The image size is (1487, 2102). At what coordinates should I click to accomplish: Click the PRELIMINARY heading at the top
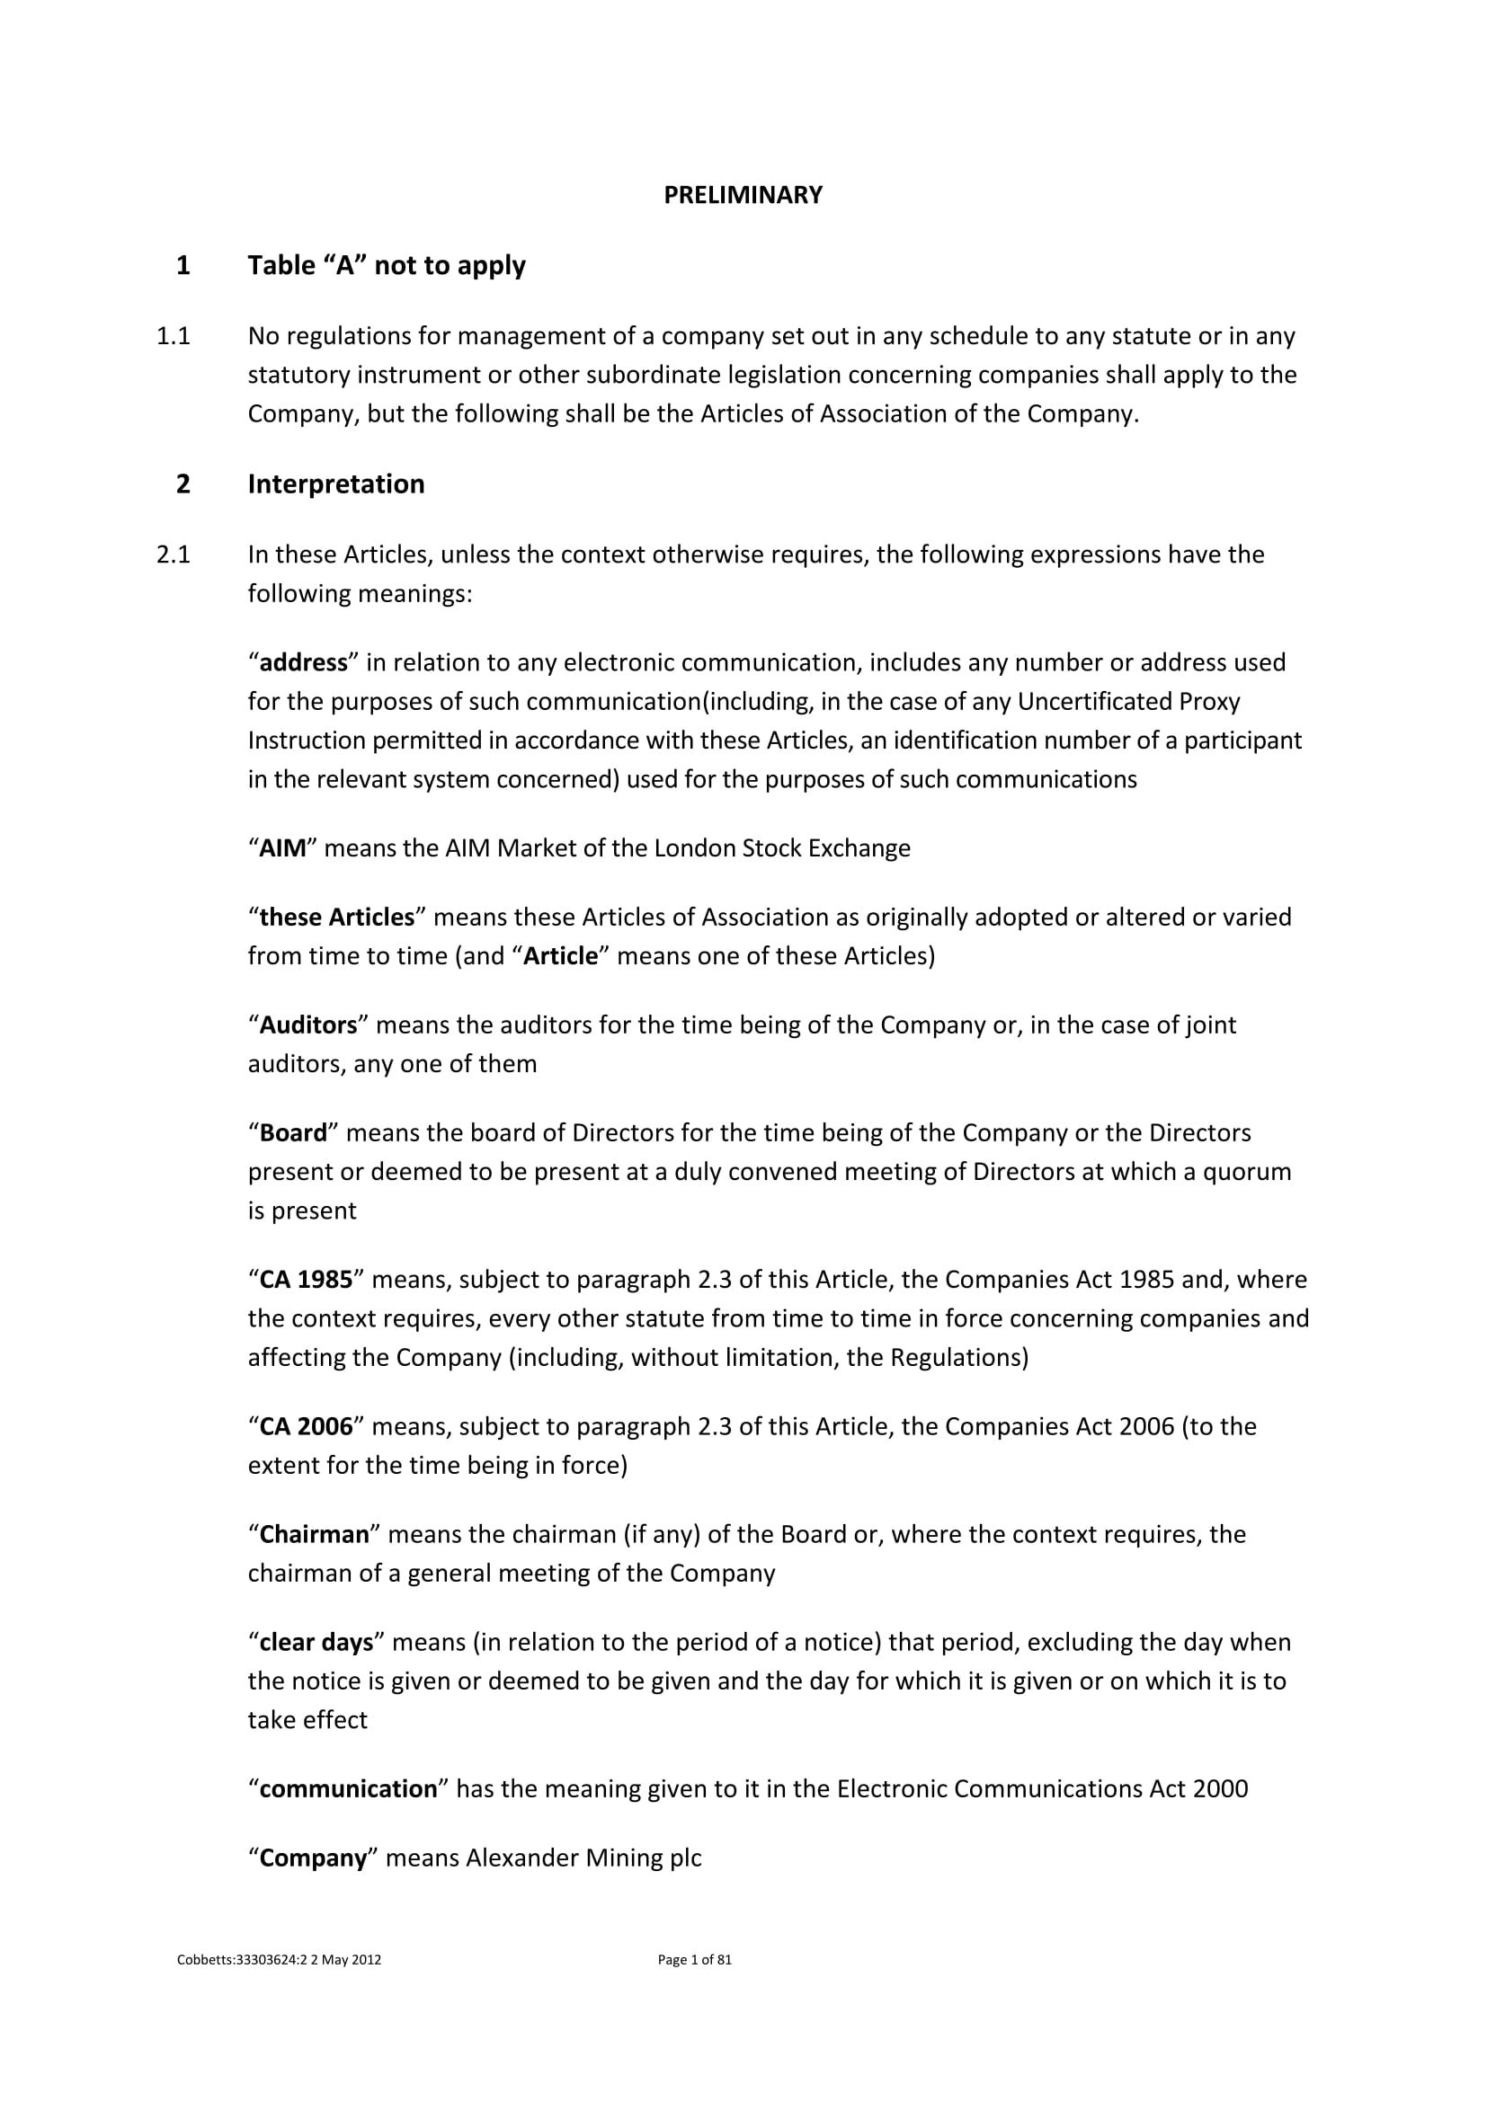[x=743, y=195]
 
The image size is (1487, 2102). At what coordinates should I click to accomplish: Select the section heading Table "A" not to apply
[x=387, y=265]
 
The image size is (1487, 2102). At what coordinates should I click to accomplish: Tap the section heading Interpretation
[x=336, y=484]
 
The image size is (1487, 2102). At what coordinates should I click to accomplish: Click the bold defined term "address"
[x=303, y=663]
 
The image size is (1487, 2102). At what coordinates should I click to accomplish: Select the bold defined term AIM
[x=283, y=848]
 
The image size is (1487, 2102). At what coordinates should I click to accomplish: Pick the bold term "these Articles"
[x=337, y=918]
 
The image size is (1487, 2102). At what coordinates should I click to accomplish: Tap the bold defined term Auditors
[x=307, y=1025]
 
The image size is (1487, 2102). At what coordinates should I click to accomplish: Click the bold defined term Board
[x=293, y=1133]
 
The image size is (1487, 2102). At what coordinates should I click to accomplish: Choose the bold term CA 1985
[x=306, y=1280]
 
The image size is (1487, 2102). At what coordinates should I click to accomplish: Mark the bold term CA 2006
[x=306, y=1426]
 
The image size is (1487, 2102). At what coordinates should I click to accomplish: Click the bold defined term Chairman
[x=314, y=1534]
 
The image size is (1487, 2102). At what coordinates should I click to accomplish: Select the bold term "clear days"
[x=316, y=1643]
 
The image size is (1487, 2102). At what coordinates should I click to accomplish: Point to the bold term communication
[x=348, y=1789]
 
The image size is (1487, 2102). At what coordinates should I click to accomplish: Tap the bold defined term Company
[x=312, y=1858]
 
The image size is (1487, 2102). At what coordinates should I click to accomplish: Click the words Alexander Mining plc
[x=583, y=1858]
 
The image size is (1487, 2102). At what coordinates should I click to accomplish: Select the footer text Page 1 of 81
[x=694, y=1960]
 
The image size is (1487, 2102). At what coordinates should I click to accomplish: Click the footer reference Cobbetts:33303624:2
[x=242, y=1960]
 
